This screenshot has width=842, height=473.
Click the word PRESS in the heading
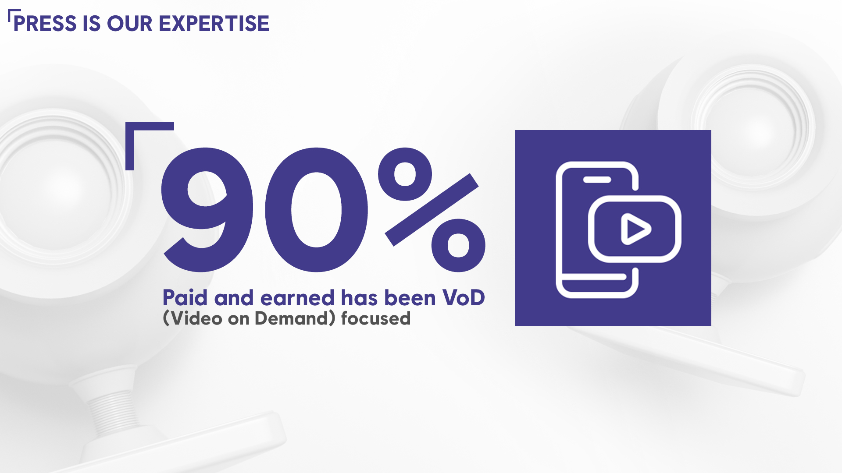click(45, 24)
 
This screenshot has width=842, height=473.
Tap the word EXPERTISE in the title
click(214, 24)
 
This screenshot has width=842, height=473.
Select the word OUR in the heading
click(129, 24)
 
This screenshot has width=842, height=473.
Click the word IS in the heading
click(92, 24)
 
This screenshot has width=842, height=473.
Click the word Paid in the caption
click(185, 298)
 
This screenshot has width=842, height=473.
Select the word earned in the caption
click(297, 298)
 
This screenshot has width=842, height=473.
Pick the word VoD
click(464, 298)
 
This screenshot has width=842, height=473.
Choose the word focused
click(376, 318)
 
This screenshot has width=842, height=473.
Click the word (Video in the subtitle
click(193, 318)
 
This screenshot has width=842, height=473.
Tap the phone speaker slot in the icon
click(597, 180)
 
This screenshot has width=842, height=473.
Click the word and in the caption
click(234, 298)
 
